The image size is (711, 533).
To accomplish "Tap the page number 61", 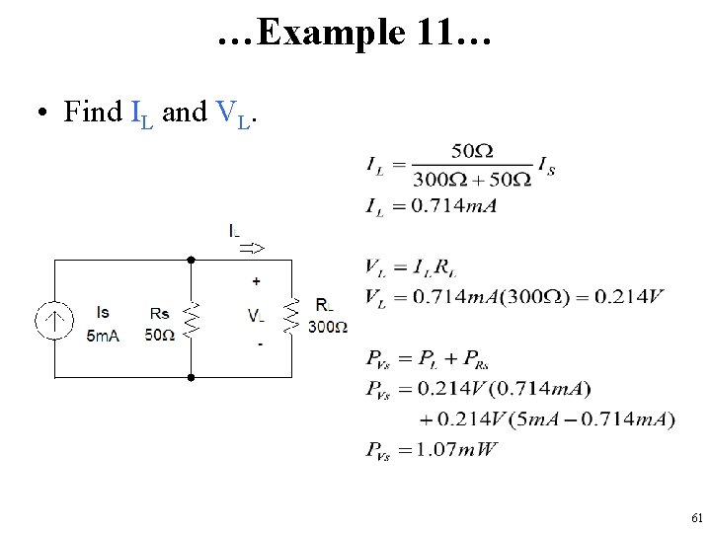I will (x=696, y=517).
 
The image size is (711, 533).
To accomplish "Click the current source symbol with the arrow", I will (x=56, y=319).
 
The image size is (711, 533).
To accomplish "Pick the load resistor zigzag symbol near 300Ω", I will (x=290, y=314).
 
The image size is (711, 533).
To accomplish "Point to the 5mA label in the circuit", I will (x=103, y=336).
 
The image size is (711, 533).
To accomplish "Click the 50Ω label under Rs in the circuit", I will (x=159, y=335).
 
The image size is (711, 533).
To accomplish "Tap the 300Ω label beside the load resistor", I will (x=327, y=327).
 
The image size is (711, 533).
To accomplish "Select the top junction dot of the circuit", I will (x=191, y=260).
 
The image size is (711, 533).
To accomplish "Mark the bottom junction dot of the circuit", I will (x=191, y=376).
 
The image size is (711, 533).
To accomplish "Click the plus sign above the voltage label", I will (x=257, y=281).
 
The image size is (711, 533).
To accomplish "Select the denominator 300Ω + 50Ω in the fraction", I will (x=472, y=179).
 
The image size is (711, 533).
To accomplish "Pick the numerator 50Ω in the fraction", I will (x=472, y=151).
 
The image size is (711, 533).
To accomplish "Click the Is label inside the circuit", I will (x=103, y=313).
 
